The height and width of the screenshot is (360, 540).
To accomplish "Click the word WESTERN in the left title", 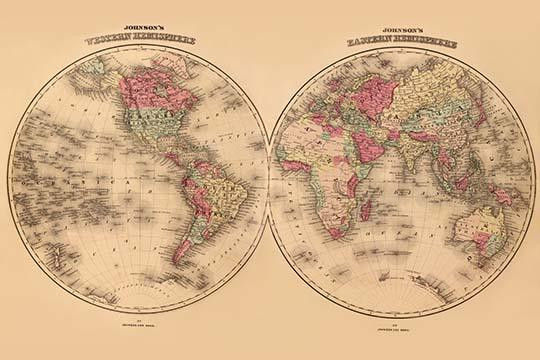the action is coord(109,40).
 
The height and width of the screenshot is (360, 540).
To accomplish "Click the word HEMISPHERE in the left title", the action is coord(166,41).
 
